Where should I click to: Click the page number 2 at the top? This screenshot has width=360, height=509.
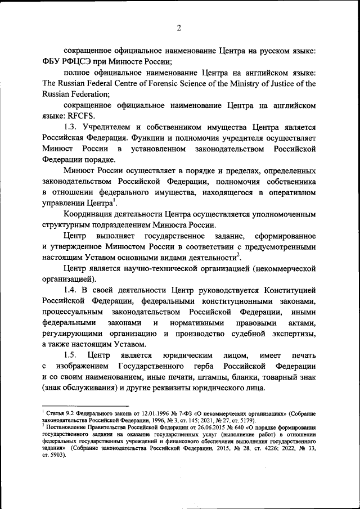click(x=178, y=28)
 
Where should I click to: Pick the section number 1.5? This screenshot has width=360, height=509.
click(x=71, y=355)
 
